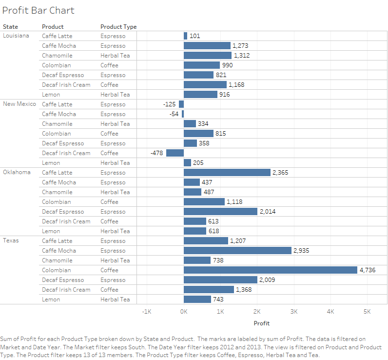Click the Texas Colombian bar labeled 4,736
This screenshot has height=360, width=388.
(x=271, y=270)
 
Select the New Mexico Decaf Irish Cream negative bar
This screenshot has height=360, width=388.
(x=175, y=153)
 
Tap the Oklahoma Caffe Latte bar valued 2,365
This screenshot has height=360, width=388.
(x=227, y=173)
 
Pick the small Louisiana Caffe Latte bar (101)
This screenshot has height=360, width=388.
(x=186, y=36)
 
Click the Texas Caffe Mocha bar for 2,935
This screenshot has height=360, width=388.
(x=237, y=251)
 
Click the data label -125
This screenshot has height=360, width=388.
(x=170, y=104)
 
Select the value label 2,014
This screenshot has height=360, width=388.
(x=267, y=212)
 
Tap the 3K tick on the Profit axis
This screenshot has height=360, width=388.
(x=294, y=311)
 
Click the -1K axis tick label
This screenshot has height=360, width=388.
(x=147, y=311)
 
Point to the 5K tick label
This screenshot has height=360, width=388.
(x=367, y=311)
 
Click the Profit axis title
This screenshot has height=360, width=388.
(x=262, y=323)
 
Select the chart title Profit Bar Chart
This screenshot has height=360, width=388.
(x=39, y=10)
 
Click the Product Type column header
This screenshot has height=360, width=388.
(x=118, y=27)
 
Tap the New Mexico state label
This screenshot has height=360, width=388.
(x=19, y=104)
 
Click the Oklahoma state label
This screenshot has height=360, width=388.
(x=17, y=172)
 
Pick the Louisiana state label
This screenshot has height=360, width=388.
(x=16, y=36)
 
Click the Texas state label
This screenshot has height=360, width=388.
(x=11, y=240)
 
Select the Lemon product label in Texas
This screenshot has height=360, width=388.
(x=51, y=300)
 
